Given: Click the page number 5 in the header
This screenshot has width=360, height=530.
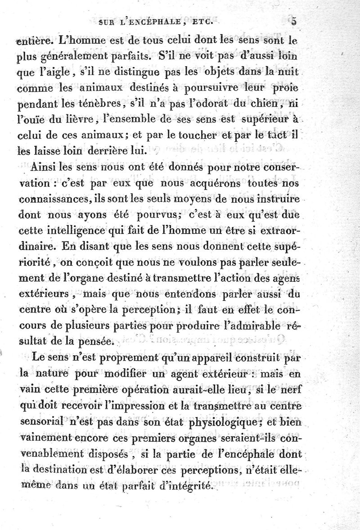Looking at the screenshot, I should (294, 21).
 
